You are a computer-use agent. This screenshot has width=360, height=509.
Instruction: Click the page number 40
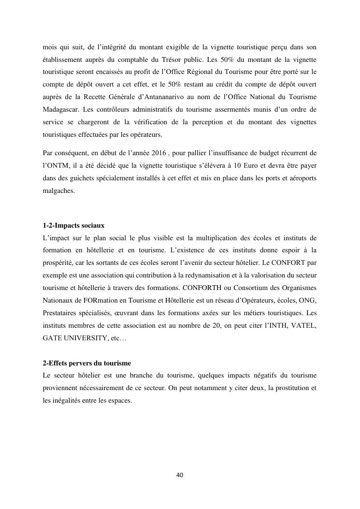pos(180,475)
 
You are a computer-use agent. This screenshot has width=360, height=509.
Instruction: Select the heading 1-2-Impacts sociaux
pos(73,226)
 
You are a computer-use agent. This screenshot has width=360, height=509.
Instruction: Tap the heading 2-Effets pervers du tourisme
pos(86,363)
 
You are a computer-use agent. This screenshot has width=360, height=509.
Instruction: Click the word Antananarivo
pos(176,97)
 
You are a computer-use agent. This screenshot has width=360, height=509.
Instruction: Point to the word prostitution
pos(286,388)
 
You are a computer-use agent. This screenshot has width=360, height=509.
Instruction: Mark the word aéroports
pos(299,178)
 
